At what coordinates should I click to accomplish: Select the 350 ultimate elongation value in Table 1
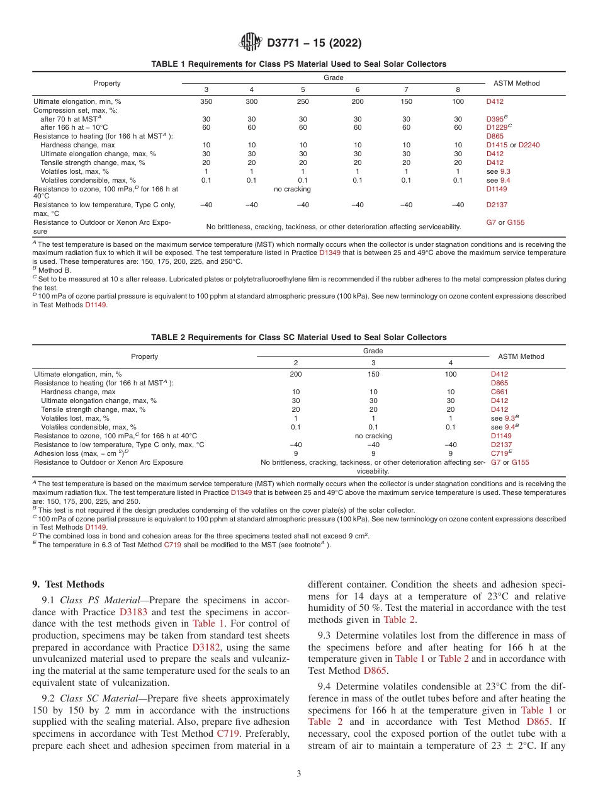pos(206,101)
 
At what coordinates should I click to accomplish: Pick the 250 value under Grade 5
pos(302,101)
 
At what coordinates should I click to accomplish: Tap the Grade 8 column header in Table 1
pos(458,89)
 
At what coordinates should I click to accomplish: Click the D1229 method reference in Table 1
pos(497,127)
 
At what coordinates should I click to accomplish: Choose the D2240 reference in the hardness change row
pos(529,145)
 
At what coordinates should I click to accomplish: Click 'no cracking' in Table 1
pos(293,188)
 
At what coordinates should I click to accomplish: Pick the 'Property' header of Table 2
pos(144,356)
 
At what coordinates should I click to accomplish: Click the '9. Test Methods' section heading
pos(69,585)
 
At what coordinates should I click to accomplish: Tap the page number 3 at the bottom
pos(299,774)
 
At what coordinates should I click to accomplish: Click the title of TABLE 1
pos(299,64)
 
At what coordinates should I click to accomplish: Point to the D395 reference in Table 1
pos(495,118)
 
